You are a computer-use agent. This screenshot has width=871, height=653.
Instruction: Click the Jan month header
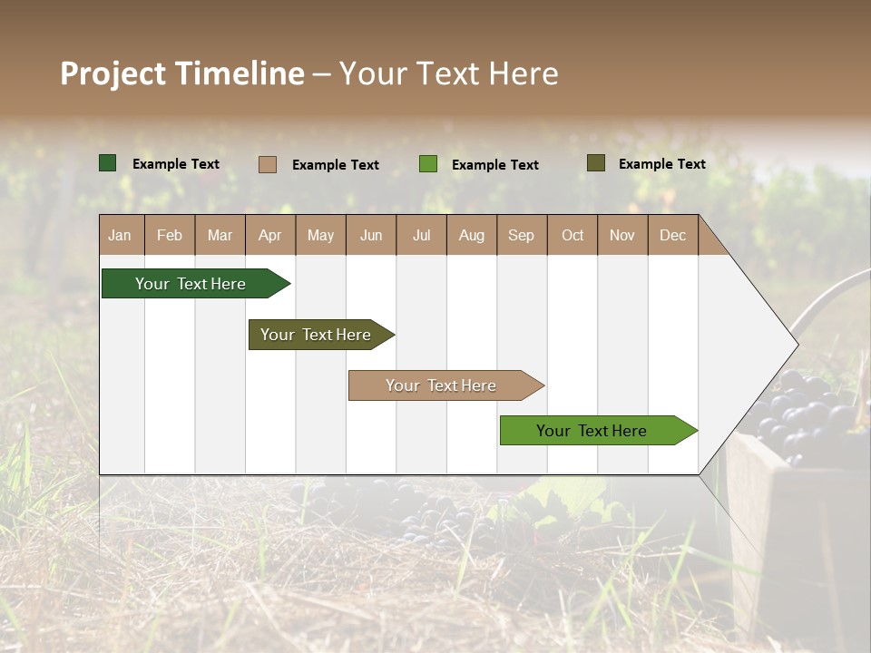120,235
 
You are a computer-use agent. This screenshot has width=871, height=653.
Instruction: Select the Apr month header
269,235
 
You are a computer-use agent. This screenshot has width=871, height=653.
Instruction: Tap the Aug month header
471,235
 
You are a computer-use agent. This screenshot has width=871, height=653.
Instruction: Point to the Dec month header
672,235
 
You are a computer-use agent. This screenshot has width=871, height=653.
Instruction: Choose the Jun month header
370,235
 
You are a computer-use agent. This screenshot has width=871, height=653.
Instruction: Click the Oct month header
572,235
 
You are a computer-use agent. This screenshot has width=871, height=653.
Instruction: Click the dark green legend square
108,163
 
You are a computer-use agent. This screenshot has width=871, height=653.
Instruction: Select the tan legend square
267,164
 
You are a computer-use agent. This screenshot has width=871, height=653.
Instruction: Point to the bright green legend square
428,164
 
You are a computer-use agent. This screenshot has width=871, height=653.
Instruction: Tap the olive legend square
595,163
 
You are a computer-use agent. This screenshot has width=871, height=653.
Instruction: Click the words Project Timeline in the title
181,73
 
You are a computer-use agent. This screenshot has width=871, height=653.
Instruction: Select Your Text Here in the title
448,73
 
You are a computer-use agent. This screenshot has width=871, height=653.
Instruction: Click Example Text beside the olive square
661,164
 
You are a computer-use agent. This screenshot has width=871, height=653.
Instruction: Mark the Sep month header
521,235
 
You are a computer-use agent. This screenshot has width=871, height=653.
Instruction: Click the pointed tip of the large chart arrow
796,345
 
